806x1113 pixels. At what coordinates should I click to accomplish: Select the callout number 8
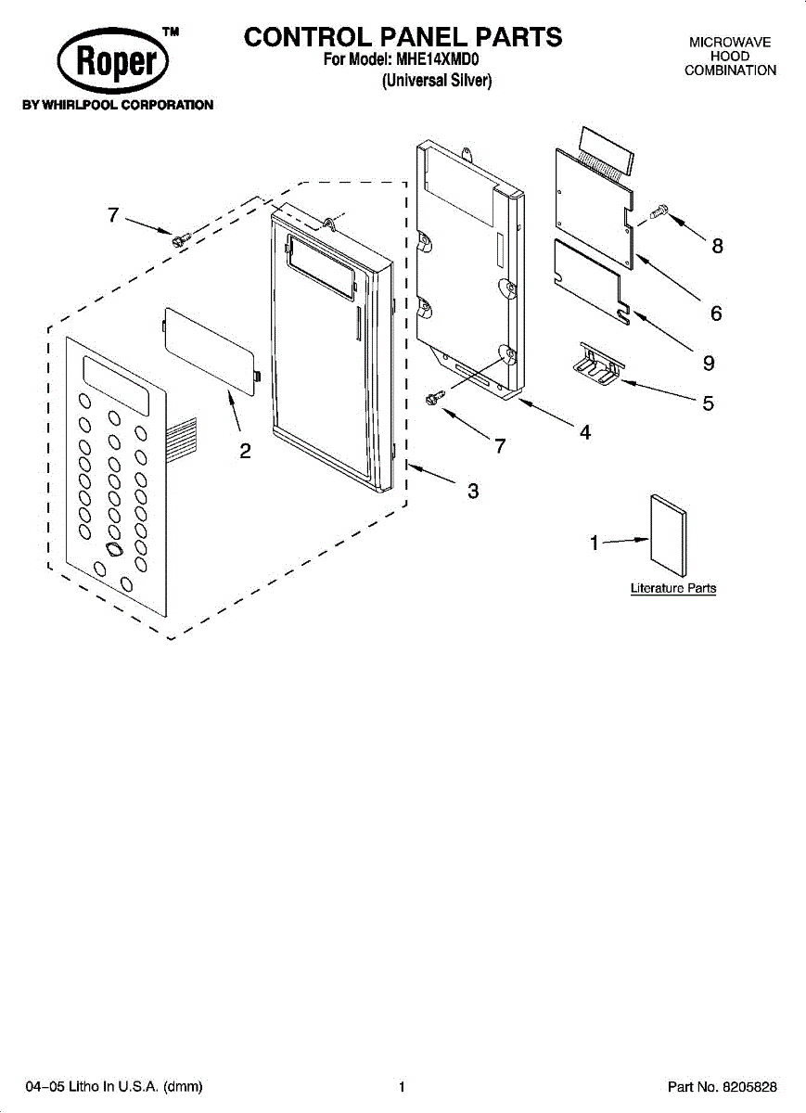pyautogui.click(x=717, y=246)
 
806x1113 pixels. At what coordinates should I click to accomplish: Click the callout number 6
pyautogui.click(x=716, y=313)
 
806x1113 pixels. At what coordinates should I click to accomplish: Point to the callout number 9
pyautogui.click(x=709, y=361)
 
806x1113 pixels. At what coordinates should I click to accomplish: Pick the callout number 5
pyautogui.click(x=708, y=403)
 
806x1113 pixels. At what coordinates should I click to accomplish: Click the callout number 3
pyautogui.click(x=473, y=492)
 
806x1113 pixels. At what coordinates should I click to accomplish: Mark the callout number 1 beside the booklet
pyautogui.click(x=595, y=544)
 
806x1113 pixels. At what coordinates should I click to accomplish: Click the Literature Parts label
pyautogui.click(x=673, y=588)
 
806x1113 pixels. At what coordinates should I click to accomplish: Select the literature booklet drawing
pyautogui.click(x=668, y=536)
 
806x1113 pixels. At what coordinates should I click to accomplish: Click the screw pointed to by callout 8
pyautogui.click(x=659, y=212)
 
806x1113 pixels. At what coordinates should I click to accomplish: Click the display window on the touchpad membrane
pyautogui.click(x=116, y=386)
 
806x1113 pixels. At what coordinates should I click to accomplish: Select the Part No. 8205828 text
pyautogui.click(x=722, y=1086)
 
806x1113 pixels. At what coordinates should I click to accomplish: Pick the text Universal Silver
pyautogui.click(x=437, y=81)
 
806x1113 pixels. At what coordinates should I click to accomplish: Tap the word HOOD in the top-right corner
pyautogui.click(x=730, y=57)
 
